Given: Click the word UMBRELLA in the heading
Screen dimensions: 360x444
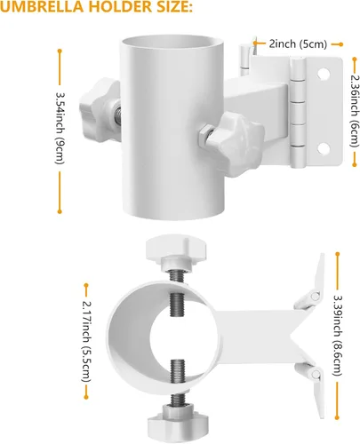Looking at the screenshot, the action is [x=42, y=6].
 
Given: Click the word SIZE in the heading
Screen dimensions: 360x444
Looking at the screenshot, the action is [x=172, y=6].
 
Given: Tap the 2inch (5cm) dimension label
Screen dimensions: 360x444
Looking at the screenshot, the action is [x=298, y=44].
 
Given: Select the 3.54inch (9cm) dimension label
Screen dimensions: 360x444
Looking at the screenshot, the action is [x=60, y=129].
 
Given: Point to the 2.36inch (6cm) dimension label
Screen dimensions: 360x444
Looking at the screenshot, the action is [x=355, y=111].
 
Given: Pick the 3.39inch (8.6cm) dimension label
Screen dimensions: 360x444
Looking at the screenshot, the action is [x=338, y=336].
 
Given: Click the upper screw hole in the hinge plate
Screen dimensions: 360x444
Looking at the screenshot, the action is [x=324, y=73].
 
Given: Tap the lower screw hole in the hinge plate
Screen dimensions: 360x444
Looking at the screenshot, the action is [x=324, y=148].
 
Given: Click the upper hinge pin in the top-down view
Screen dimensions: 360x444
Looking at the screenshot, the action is [x=316, y=296].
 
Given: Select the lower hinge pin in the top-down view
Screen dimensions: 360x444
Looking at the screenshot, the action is [x=316, y=375].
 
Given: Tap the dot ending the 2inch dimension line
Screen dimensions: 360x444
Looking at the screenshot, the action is [x=340, y=44].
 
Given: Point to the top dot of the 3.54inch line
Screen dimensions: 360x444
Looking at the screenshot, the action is [x=60, y=52].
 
